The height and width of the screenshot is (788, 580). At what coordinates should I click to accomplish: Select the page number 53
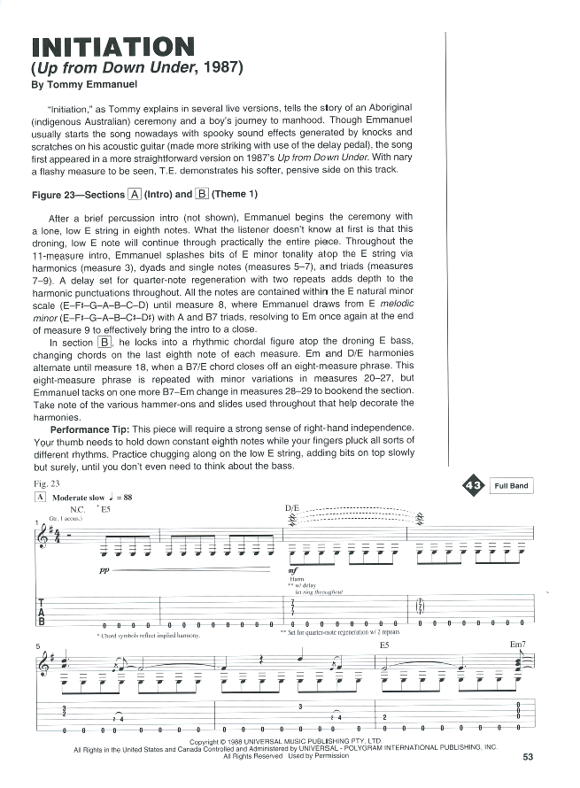click(528, 756)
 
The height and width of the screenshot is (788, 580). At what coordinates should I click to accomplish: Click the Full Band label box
click(511, 485)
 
